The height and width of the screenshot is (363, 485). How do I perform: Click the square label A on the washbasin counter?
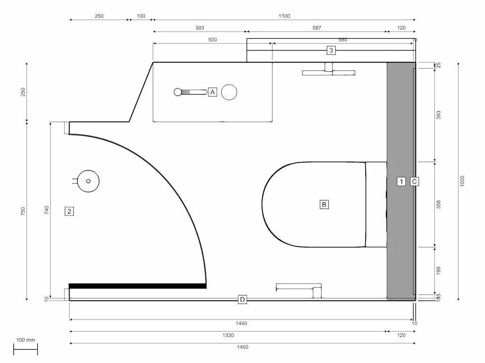click(212, 92)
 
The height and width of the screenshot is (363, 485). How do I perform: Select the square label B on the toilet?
click(324, 204)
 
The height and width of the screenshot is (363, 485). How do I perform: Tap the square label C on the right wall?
click(414, 181)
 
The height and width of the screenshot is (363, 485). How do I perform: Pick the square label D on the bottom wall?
click(242, 299)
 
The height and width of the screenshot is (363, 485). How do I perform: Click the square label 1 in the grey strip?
click(401, 181)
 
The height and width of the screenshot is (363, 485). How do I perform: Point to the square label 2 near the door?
click(69, 211)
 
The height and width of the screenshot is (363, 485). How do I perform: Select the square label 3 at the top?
click(331, 50)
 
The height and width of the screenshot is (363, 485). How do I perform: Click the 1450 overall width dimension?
click(242, 347)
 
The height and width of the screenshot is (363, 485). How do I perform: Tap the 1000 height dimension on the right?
click(462, 181)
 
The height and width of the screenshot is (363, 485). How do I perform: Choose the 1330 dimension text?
click(228, 335)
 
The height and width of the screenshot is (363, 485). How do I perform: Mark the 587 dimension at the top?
click(316, 28)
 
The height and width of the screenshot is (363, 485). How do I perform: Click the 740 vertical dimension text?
click(46, 211)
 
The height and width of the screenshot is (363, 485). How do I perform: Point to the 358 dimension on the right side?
click(439, 204)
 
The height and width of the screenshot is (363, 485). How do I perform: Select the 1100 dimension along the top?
click(284, 16)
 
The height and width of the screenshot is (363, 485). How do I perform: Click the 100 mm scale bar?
click(26, 350)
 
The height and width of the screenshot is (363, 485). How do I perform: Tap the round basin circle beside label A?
click(229, 92)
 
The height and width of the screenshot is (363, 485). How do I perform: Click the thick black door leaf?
click(137, 286)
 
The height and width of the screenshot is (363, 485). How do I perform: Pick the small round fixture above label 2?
click(88, 181)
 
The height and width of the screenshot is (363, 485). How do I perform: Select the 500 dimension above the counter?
click(212, 40)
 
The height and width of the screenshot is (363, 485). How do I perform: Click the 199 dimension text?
click(439, 270)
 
